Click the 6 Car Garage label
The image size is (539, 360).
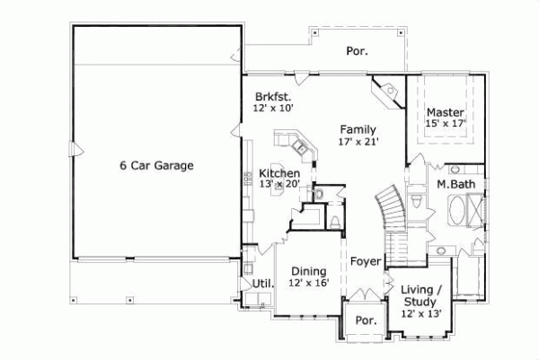click(157, 165)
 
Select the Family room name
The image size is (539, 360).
click(358, 129)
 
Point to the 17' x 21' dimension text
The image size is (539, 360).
click(358, 141)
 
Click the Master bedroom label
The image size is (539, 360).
click(445, 112)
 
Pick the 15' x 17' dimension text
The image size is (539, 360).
click(445, 124)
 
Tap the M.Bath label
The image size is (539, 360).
click(455, 184)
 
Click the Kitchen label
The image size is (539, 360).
click(278, 172)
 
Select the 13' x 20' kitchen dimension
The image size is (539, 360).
click(278, 184)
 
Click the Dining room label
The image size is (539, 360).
click(308, 271)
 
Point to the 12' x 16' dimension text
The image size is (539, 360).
click(308, 283)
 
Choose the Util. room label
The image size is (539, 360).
click(261, 284)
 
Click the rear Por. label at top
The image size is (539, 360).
click(358, 51)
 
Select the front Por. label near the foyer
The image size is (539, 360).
click(365, 320)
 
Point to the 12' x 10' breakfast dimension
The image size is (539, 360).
click(274, 108)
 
